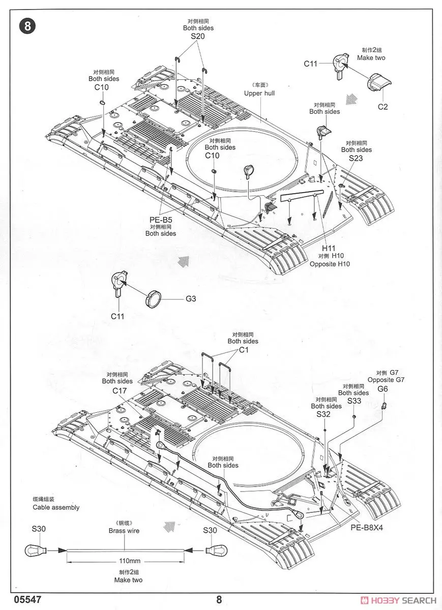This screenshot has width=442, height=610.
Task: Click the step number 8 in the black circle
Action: [x=27, y=26]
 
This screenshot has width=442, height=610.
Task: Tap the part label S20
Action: [x=198, y=37]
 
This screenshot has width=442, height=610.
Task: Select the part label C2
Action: [x=382, y=107]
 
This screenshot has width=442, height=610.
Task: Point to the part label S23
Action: [x=356, y=158]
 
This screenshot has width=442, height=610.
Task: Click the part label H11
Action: [x=329, y=248]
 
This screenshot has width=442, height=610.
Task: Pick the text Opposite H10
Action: [x=330, y=264]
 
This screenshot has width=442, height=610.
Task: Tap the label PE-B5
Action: [x=161, y=220]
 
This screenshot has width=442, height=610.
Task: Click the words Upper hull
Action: [x=259, y=94]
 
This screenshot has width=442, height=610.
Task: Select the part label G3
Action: [x=190, y=299]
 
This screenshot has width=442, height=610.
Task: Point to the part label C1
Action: [x=243, y=350]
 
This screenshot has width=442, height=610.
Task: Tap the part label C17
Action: [x=120, y=390]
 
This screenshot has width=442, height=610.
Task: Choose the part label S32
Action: [x=323, y=414]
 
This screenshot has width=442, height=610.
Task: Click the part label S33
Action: [x=354, y=401]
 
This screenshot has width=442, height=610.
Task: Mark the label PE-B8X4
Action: [x=366, y=527]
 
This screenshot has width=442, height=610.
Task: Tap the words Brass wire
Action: [x=124, y=531]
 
